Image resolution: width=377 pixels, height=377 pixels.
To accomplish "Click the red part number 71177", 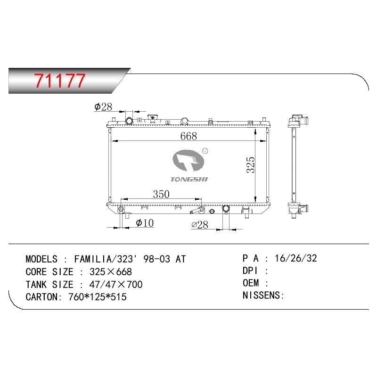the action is pyautogui.click(x=60, y=80).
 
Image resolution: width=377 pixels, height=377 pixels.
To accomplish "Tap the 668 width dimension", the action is pyautogui.click(x=188, y=136).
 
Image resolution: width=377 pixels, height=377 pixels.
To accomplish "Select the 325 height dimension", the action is pyautogui.click(x=251, y=165).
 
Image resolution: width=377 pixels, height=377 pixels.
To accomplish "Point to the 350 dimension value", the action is pyautogui.click(x=161, y=194).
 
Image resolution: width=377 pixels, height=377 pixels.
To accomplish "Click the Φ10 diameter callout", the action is pyautogui.click(x=145, y=223).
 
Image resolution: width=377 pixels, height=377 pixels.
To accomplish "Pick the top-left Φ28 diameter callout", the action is pyautogui.click(x=103, y=107).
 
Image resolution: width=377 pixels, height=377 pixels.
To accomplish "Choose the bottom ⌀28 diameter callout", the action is pyautogui.click(x=199, y=225).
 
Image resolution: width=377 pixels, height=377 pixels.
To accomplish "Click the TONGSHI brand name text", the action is pyautogui.click(x=189, y=179).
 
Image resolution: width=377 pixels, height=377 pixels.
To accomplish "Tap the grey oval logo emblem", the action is pyautogui.click(x=188, y=160).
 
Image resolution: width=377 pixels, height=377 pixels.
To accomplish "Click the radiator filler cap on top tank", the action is pyautogui.click(x=152, y=118).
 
